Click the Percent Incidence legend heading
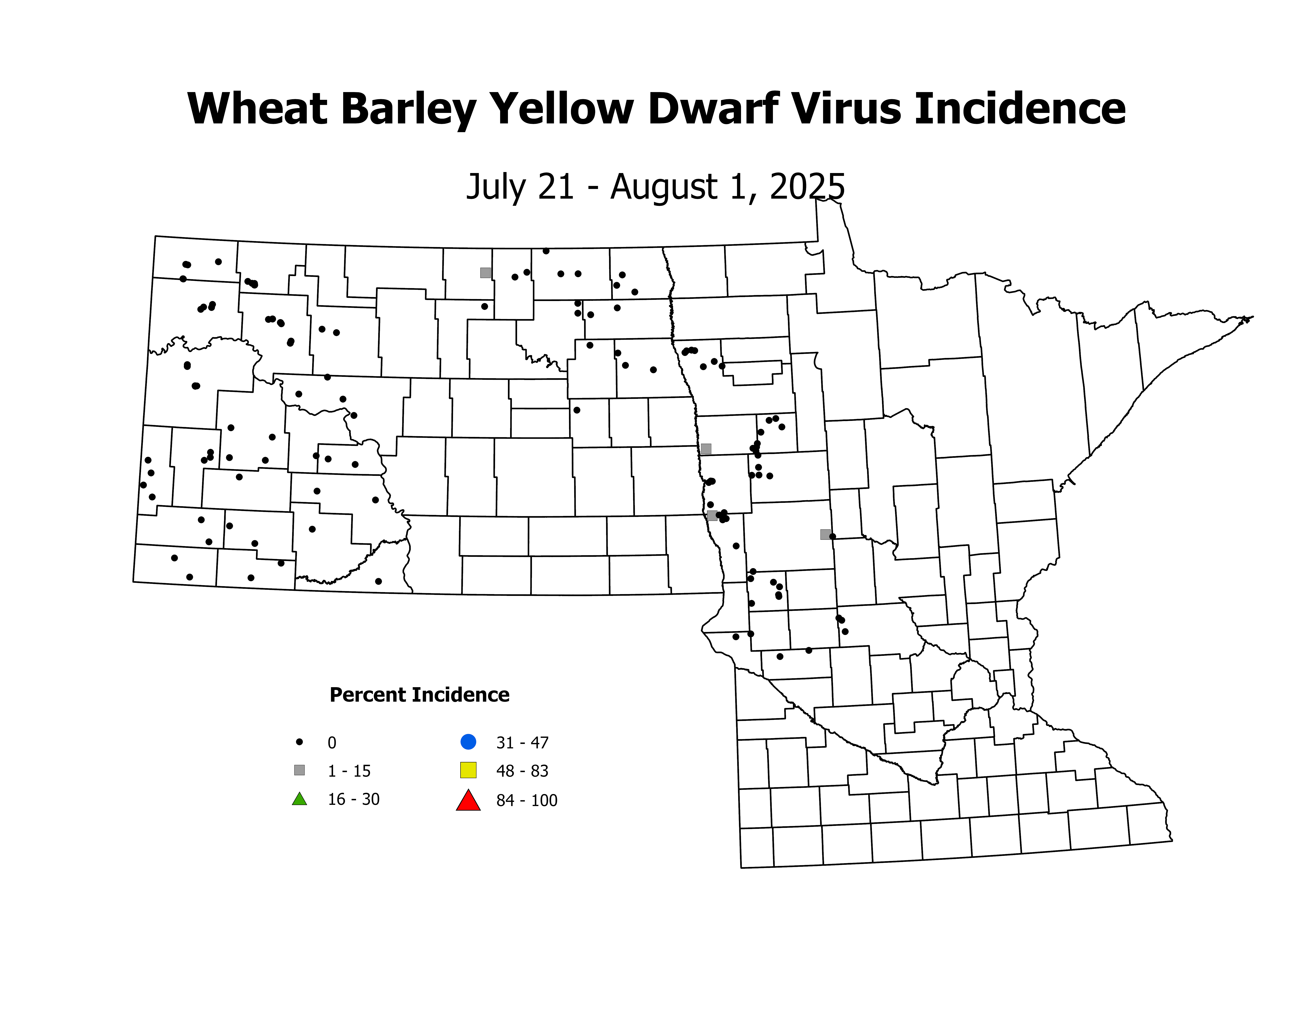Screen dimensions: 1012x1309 [x=419, y=695]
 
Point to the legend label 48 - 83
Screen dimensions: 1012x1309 [x=522, y=771]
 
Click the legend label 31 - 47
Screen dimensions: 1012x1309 [x=522, y=743]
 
